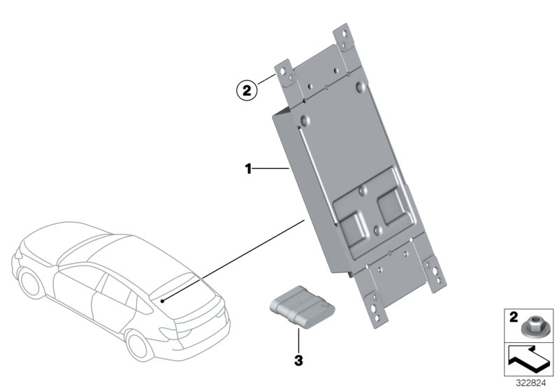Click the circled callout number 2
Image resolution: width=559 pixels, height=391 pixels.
point(246,89)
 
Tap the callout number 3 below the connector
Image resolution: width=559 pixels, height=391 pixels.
point(298,361)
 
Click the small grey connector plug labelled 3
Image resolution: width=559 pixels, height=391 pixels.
point(296,309)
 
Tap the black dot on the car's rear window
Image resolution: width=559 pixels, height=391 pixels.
point(161,300)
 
